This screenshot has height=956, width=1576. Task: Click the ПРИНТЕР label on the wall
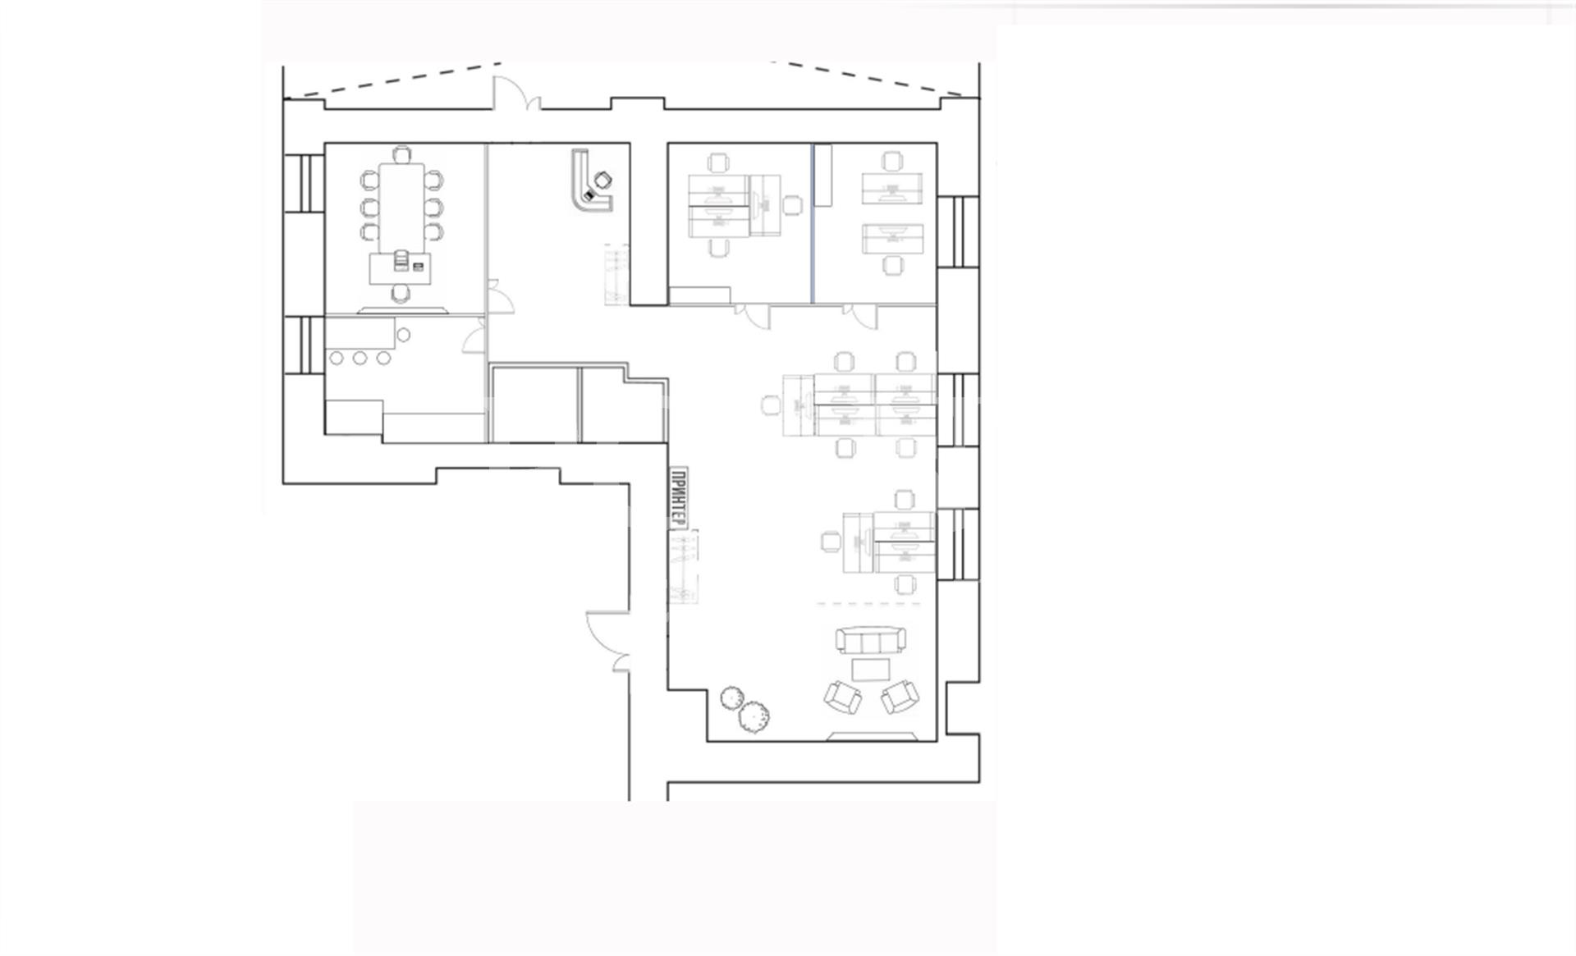click(678, 497)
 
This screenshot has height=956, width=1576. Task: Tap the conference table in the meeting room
click(401, 208)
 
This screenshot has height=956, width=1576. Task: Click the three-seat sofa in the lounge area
click(870, 640)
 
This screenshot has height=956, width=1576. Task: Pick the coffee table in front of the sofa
click(871, 670)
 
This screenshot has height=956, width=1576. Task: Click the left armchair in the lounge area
click(843, 697)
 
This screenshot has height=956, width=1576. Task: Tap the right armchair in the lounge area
click(900, 697)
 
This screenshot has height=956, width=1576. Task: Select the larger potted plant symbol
click(754, 716)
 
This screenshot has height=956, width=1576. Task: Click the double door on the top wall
click(515, 93)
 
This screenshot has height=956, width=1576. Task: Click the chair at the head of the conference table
click(401, 153)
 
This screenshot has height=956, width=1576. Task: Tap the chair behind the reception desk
click(603, 180)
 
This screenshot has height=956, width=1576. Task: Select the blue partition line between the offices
click(813, 223)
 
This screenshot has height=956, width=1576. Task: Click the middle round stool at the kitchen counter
click(360, 358)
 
